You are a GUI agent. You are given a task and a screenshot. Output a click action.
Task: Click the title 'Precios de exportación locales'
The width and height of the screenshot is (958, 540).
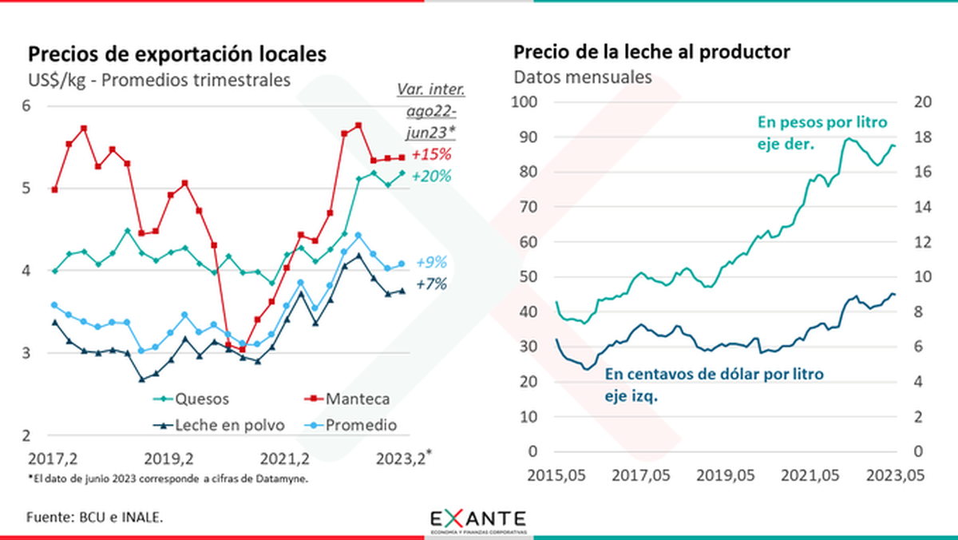point(177,54)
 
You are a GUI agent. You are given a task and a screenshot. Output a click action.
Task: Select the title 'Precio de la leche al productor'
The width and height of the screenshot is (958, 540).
point(651,52)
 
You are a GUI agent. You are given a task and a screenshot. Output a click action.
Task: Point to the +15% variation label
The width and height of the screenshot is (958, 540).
point(431,154)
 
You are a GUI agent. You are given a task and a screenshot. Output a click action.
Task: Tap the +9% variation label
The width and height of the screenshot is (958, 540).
point(431,262)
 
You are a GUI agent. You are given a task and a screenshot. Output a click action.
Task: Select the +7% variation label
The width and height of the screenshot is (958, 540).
point(431,284)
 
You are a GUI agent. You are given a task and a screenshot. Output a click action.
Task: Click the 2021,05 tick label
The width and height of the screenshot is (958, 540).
point(821,475)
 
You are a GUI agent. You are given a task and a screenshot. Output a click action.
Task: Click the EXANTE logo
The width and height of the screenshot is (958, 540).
point(478,518)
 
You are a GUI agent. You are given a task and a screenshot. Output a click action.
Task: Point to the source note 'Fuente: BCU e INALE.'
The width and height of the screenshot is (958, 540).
point(95,517)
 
